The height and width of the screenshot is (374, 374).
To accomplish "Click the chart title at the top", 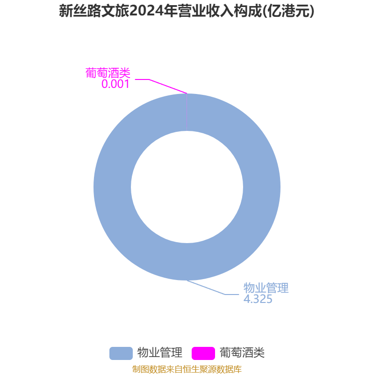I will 187,11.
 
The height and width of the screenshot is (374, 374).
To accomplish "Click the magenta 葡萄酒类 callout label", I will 108,73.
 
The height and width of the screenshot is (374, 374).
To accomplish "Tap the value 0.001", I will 115,84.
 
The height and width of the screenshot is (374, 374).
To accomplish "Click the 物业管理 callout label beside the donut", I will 266,288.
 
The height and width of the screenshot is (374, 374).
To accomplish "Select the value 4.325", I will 258,299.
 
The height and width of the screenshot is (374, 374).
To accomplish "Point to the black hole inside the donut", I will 187,187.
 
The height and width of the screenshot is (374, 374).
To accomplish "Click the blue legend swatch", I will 121,353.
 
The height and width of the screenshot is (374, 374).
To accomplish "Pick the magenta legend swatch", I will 203,353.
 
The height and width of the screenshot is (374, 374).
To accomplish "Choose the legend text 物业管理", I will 159,353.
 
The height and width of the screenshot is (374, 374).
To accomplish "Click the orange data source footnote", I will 187,369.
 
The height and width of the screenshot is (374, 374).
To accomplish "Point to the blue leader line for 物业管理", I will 210,288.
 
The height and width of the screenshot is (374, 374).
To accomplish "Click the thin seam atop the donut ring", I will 187,112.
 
